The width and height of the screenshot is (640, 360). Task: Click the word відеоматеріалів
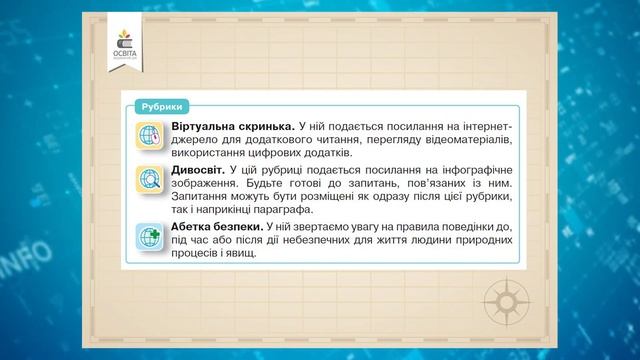pyautogui.click(x=453, y=142)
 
